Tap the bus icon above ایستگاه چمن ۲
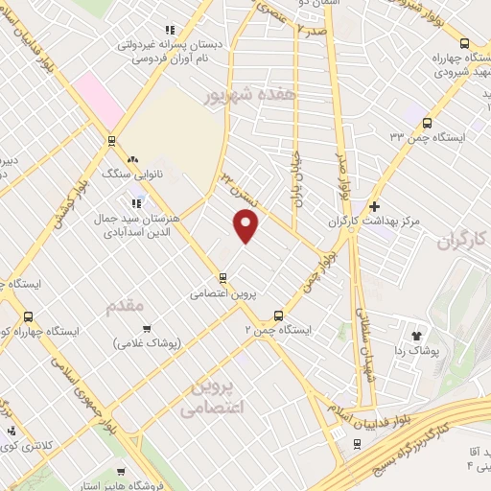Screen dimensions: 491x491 [279, 315]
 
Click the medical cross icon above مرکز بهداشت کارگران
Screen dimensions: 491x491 [375, 206]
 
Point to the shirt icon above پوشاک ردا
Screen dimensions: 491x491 [417, 337]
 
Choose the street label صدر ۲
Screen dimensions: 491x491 [313, 31]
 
